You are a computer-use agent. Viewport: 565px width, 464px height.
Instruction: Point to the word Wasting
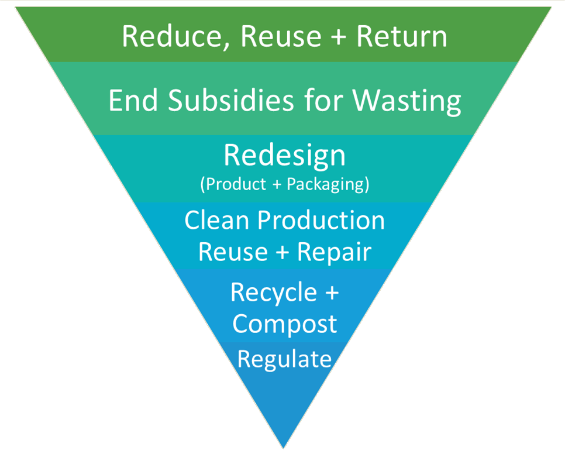coord(406,101)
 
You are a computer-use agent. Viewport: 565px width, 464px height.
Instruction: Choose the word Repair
coord(334,252)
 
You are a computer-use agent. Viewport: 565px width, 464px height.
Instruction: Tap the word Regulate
coord(284,359)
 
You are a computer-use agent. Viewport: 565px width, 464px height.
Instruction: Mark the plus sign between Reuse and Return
coord(338,37)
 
